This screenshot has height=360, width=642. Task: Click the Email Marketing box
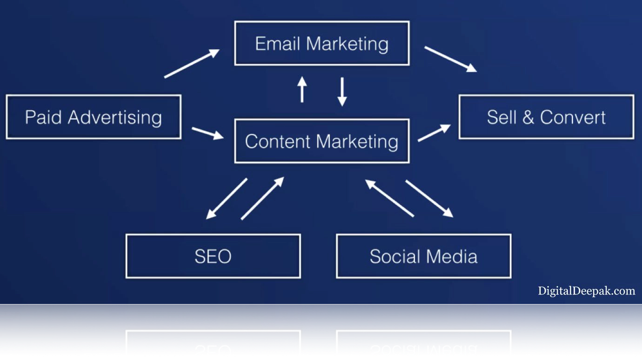(x=322, y=43)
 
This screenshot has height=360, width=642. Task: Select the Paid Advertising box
(x=94, y=117)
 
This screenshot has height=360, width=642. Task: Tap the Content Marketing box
(x=322, y=141)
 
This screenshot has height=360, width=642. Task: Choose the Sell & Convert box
(x=546, y=117)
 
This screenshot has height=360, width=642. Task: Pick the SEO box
(x=213, y=256)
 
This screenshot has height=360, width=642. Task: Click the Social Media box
(x=424, y=256)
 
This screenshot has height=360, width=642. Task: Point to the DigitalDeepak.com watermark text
(x=586, y=291)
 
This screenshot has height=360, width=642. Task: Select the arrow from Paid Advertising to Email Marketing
(x=192, y=63)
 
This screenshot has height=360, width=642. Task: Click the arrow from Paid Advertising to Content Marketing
(x=208, y=133)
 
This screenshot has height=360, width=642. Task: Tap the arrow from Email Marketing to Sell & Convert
(x=450, y=59)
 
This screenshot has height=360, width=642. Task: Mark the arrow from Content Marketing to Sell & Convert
(x=434, y=133)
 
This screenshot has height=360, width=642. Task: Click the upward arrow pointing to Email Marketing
(x=302, y=89)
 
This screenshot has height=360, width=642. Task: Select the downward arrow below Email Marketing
(x=342, y=92)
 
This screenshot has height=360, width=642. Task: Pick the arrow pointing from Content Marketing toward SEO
(x=227, y=199)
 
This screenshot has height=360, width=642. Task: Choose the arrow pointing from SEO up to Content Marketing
(x=262, y=198)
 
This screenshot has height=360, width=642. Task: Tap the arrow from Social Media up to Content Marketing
(x=389, y=198)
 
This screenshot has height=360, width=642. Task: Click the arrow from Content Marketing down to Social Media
(x=429, y=199)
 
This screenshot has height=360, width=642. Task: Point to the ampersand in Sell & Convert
(x=528, y=117)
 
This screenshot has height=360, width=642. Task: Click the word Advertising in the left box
(x=115, y=118)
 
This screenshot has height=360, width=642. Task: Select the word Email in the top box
(x=278, y=44)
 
